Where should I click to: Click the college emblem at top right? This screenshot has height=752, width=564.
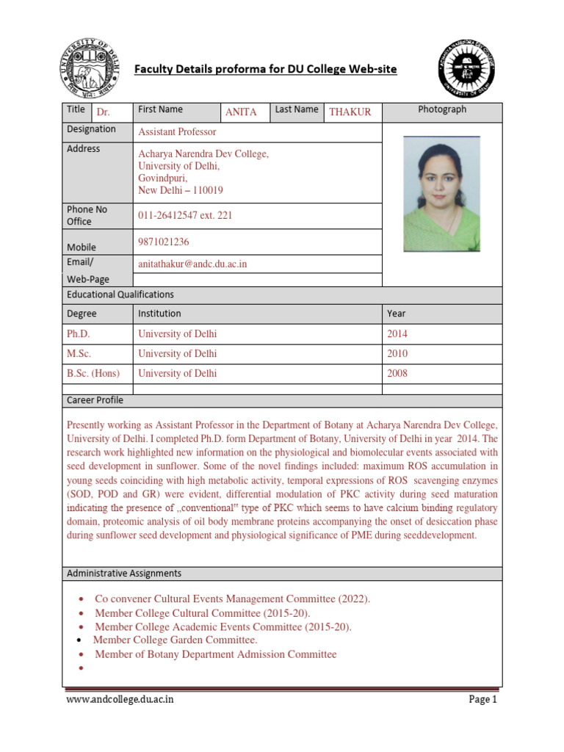pos(467,68)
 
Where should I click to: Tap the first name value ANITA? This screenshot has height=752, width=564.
pos(241,112)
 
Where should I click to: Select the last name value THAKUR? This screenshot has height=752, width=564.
pos(350,112)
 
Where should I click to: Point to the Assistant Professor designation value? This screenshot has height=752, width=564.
pos(178,132)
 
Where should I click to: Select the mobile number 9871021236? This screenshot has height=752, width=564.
pos(167,242)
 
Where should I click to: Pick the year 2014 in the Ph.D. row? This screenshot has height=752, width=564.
pos(397,334)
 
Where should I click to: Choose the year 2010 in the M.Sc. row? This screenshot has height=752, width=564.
pos(397,354)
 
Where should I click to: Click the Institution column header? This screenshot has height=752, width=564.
pos(159,314)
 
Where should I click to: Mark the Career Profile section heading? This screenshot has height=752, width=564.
pos(95,401)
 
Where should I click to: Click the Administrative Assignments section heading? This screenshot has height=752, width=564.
pos(124,573)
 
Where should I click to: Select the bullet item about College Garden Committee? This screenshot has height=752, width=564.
pos(176,640)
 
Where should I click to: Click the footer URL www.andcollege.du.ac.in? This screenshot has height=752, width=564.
pos(120,700)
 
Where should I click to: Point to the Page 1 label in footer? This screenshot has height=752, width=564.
pos(482,700)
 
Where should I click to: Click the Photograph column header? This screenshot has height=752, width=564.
pos(442,109)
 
